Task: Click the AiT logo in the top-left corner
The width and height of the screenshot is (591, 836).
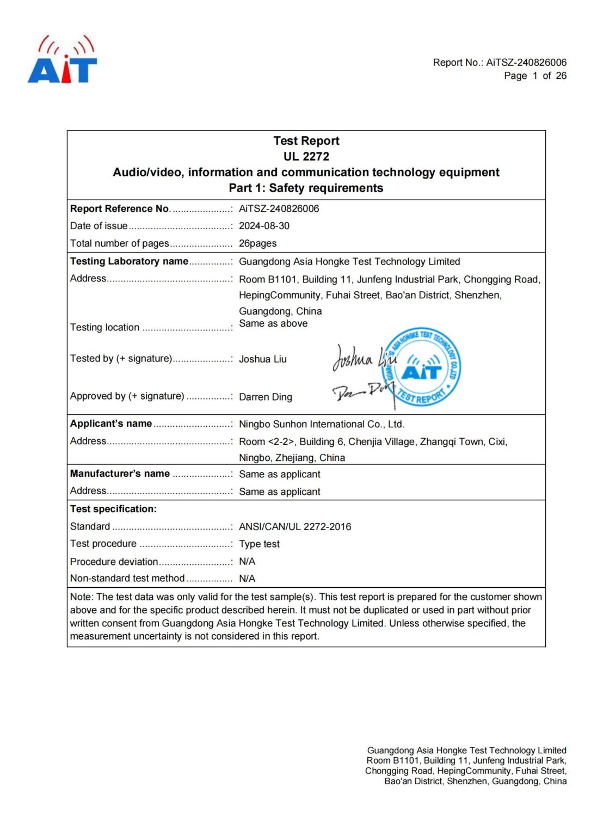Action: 63,60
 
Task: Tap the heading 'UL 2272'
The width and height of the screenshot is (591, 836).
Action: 306,157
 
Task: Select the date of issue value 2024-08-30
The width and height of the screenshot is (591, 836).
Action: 264,226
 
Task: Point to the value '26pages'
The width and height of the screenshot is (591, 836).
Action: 257,243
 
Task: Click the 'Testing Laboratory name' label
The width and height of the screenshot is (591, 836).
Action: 129,261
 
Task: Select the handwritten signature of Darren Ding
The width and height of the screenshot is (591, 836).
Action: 362,390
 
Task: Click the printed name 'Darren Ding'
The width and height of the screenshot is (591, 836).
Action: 265,397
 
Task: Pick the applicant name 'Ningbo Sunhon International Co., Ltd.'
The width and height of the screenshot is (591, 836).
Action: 321,424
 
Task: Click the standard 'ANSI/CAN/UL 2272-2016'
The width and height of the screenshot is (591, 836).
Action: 295,526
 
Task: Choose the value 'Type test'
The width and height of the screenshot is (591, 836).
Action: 259,544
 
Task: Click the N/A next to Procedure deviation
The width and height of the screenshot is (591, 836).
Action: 247,561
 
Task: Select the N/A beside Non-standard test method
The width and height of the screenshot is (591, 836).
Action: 247,579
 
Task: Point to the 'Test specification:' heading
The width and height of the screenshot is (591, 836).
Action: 113,509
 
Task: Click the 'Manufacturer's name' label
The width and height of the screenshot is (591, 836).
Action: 120,474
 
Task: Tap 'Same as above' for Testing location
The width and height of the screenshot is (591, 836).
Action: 273,323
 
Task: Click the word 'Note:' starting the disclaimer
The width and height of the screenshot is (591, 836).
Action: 82,597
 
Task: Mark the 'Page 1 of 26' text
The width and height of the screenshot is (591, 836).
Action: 535,76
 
